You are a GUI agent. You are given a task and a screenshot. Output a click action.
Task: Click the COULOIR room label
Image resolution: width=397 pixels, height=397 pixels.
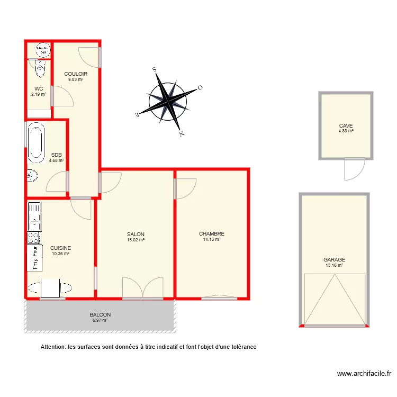76,74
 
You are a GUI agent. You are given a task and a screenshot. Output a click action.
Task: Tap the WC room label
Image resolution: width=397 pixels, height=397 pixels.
39,88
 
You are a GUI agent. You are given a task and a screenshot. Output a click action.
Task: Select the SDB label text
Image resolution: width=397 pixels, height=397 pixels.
56,155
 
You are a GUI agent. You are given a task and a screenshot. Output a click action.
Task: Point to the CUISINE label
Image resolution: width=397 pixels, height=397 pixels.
60,247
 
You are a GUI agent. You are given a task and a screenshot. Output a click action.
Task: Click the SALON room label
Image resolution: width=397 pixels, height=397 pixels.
136,234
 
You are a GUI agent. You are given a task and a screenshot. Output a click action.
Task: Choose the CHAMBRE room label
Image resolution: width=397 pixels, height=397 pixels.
212,233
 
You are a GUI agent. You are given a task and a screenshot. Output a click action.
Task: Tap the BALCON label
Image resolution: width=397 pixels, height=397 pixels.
100,314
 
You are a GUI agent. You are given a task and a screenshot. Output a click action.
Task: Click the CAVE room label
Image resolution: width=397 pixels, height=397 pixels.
346,125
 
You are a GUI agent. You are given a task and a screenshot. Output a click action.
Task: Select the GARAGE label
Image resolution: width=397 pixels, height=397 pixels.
334,259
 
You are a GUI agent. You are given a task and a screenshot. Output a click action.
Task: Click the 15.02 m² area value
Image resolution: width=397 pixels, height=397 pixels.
136,240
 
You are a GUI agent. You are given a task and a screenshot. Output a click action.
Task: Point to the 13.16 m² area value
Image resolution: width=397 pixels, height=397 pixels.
334,265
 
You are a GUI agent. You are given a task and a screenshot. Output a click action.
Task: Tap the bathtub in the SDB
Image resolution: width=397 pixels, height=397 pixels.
36,143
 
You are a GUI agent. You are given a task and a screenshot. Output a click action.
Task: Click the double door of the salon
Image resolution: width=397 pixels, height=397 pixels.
142,287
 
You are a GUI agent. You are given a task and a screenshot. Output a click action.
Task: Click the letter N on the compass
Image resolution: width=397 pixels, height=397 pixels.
181,134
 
